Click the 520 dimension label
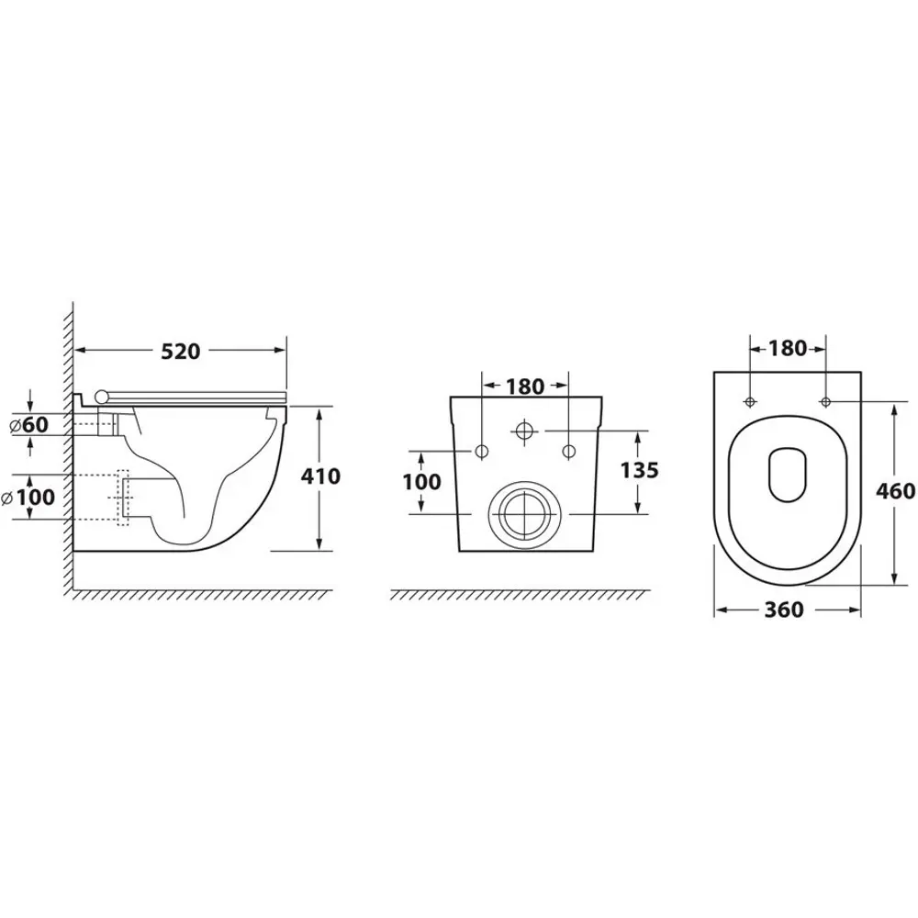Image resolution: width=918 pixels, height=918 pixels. click(x=180, y=352)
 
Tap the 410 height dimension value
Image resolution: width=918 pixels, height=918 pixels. click(x=320, y=476)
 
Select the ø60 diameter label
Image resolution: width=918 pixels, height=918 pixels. click(x=29, y=424)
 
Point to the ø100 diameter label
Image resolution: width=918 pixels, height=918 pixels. click(x=28, y=498)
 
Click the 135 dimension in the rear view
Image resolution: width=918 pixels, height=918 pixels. click(x=639, y=470)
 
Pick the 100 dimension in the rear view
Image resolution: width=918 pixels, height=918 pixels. click(x=421, y=482)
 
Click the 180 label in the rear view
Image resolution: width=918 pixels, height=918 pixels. click(x=525, y=386)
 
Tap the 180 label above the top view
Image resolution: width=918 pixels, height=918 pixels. click(x=788, y=348)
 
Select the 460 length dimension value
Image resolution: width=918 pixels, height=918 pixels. click(x=895, y=490)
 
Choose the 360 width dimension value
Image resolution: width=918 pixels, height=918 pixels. click(x=784, y=610)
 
